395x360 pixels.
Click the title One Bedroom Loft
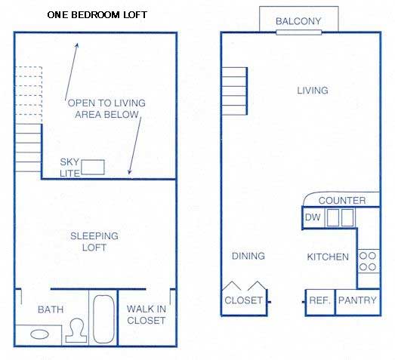click(x=97, y=15)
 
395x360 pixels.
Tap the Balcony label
click(x=298, y=21)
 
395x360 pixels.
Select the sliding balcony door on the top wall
click(x=299, y=32)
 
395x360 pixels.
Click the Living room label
click(x=313, y=91)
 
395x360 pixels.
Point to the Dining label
click(x=248, y=256)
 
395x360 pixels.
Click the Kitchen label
click(x=328, y=257)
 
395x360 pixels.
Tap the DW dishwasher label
click(x=313, y=217)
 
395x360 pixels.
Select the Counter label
click(x=342, y=201)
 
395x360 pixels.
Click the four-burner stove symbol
click(x=369, y=261)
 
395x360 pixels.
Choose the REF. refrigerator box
click(x=320, y=302)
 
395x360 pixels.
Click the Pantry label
click(x=357, y=300)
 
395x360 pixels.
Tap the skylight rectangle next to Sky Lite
click(x=93, y=167)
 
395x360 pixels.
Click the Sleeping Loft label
click(x=94, y=242)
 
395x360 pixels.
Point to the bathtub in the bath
click(x=103, y=319)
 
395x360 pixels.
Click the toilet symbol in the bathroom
click(x=76, y=331)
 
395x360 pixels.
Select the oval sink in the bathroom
click(x=39, y=334)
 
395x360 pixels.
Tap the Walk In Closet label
click(x=147, y=315)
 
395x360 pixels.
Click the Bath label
click(x=51, y=309)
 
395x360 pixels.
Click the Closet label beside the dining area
click(x=244, y=300)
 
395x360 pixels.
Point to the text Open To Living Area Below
click(x=106, y=109)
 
